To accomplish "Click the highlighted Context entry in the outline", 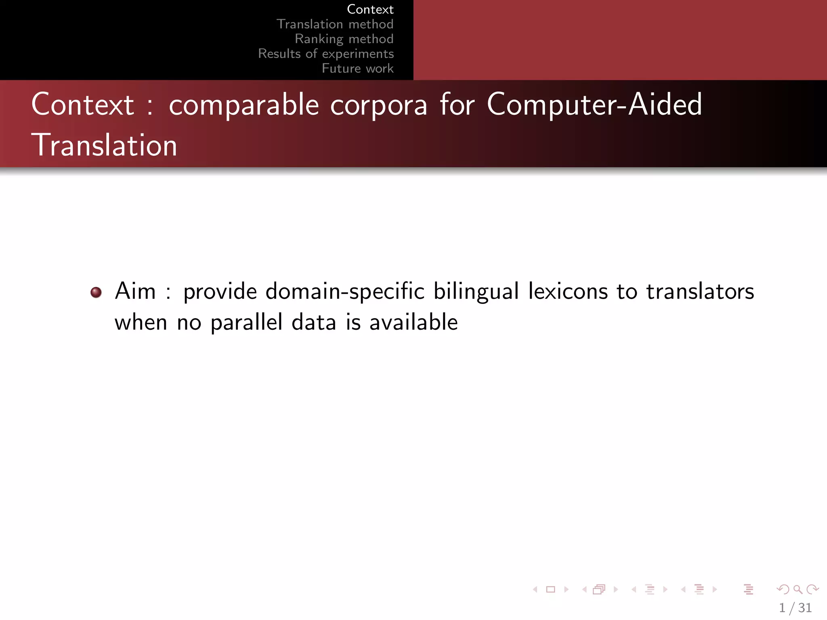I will (x=370, y=9).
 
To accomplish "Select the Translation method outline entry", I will (x=335, y=24).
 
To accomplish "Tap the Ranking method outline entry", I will (x=344, y=39).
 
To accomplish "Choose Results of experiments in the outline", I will (x=326, y=54).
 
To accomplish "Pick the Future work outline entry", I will (x=357, y=68).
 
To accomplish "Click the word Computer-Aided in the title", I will (x=594, y=105).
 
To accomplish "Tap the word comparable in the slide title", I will (x=244, y=105).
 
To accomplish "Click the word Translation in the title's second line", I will (x=104, y=145).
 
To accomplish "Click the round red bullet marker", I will (x=96, y=292).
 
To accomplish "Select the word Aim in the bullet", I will (x=135, y=291).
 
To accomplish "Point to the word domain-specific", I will (x=345, y=291).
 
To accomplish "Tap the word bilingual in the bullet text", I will (x=476, y=291).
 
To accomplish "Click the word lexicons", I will (x=568, y=291).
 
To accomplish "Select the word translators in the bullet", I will (x=700, y=291).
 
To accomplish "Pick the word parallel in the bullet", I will (x=246, y=323).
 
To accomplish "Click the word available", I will (x=413, y=322).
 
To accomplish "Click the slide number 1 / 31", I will (x=795, y=608).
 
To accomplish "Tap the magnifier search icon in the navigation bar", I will (x=797, y=589).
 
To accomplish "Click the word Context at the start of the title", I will (x=83, y=105).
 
